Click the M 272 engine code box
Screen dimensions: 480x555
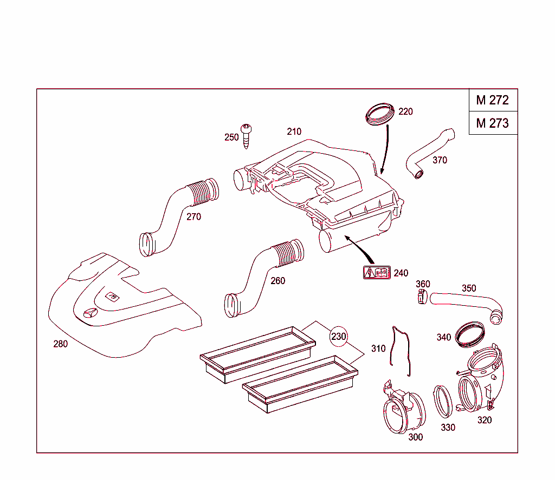(x=493, y=100)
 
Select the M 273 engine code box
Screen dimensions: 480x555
(x=493, y=123)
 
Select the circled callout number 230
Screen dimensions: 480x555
(x=338, y=336)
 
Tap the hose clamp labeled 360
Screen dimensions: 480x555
(x=423, y=296)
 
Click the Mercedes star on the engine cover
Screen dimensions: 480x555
(x=91, y=314)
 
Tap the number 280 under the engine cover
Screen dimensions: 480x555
(x=60, y=344)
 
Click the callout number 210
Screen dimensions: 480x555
(x=294, y=131)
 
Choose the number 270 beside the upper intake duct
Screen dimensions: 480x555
(x=193, y=217)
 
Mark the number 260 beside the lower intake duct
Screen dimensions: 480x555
(x=277, y=281)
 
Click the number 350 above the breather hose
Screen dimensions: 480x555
(x=469, y=288)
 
